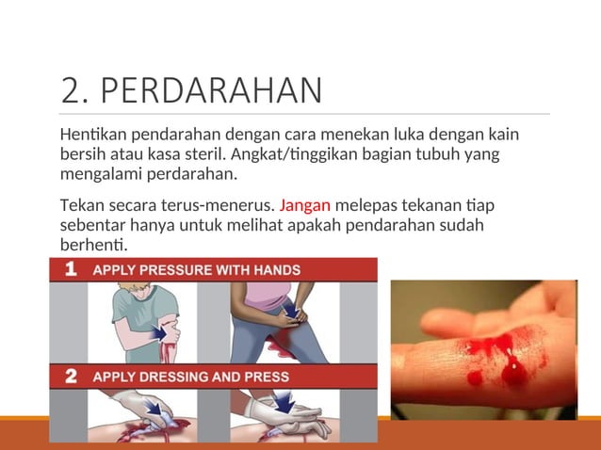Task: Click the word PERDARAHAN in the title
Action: (x=210, y=90)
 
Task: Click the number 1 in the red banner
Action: (x=71, y=269)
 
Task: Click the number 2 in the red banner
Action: (x=71, y=377)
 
